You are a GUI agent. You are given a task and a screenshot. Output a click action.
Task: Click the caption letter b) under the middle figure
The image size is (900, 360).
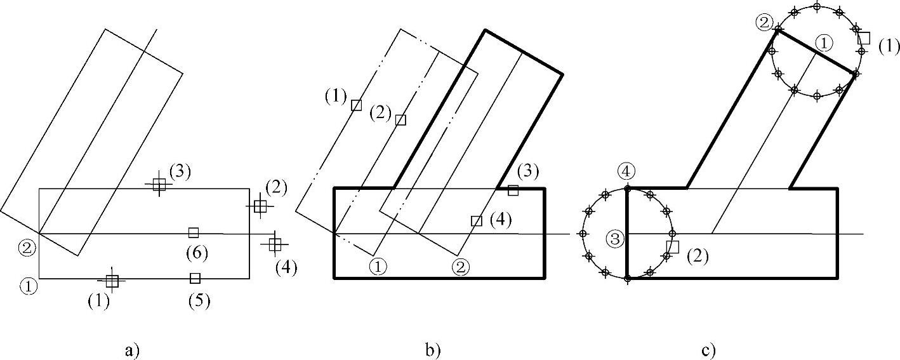(434, 350)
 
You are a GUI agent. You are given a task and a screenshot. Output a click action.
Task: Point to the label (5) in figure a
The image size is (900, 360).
(199, 300)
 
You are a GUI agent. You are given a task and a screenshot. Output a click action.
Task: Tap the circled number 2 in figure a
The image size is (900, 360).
(25, 248)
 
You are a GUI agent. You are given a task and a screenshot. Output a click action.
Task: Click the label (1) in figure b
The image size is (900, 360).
(335, 97)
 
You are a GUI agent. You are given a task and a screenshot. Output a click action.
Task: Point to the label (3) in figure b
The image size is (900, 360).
(528, 171)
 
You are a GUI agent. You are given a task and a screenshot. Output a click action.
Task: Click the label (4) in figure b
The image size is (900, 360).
(501, 220)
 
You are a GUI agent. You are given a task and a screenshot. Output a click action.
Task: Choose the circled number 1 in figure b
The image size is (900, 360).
(378, 267)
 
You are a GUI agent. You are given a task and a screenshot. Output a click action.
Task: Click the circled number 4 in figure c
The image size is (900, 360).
(626, 171)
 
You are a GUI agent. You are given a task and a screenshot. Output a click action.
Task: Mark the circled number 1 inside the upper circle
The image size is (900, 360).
(823, 43)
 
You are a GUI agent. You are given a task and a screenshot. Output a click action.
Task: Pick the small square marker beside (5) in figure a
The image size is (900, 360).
(195, 278)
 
